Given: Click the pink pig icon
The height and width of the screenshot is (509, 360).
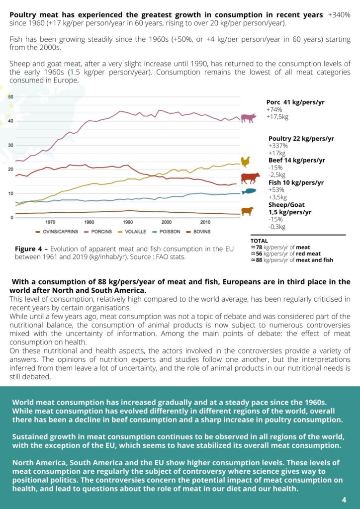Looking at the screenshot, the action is point(248,118).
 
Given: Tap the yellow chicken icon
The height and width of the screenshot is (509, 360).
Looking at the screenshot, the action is point(245,162).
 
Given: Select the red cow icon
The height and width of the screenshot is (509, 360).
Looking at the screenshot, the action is point(250,178).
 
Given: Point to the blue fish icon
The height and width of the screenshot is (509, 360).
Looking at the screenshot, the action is point(249,192).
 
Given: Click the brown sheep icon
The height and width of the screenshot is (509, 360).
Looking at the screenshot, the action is point(247,211).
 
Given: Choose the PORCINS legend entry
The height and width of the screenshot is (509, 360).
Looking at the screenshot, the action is point(98,232).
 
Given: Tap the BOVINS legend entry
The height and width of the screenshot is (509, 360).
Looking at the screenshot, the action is point(198,232).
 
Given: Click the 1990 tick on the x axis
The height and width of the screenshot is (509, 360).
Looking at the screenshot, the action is point(128,222).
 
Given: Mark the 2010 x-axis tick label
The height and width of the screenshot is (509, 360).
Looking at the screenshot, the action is point(205,222).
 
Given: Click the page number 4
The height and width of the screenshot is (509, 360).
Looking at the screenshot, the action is point(344,500).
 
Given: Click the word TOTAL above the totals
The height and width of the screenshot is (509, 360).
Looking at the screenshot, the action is point(260,241).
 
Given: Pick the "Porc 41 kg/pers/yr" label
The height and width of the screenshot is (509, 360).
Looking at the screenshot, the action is point(295,102).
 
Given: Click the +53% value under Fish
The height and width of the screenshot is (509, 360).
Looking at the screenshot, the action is point(276,190).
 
